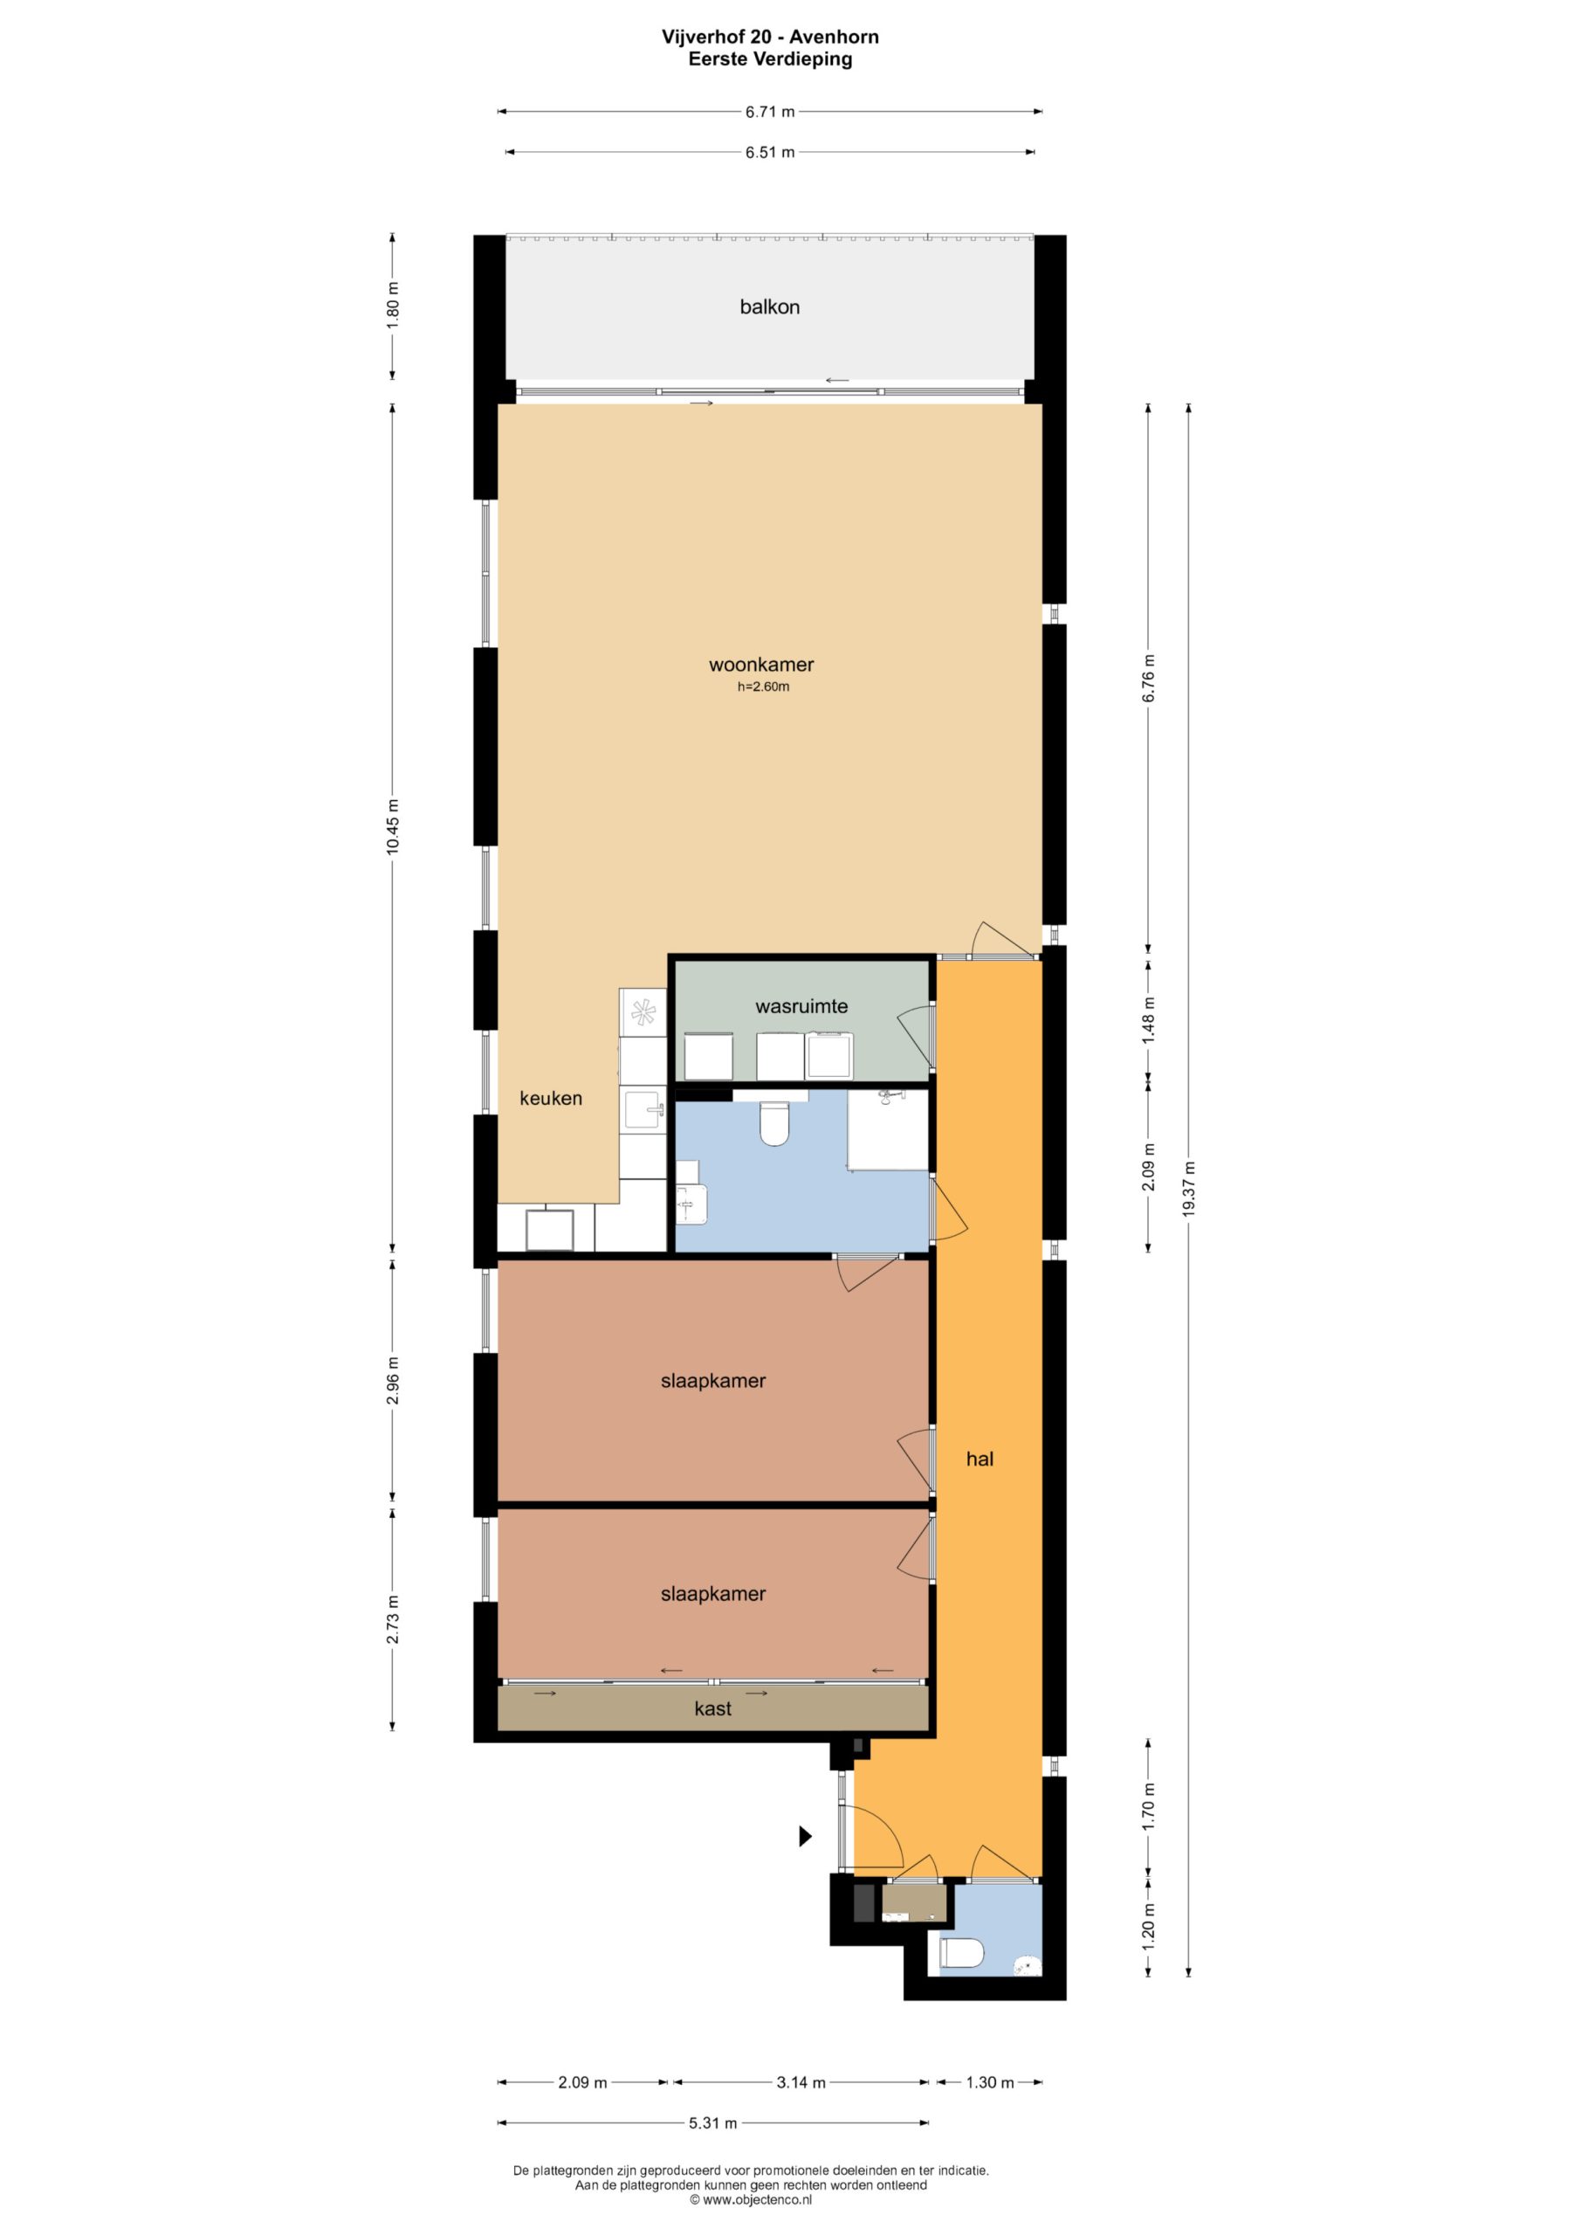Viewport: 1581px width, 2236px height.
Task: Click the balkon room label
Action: (769, 307)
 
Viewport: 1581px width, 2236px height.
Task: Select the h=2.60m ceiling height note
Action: (762, 687)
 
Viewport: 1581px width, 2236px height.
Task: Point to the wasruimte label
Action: (801, 1006)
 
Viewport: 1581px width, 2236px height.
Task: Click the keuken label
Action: (550, 1098)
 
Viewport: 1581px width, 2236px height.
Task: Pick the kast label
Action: (712, 1708)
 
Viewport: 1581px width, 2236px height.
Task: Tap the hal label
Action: (980, 1458)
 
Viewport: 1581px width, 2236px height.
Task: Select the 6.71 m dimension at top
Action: (769, 111)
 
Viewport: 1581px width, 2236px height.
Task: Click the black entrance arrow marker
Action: (805, 1836)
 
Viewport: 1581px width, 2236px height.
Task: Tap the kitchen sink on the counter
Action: (643, 1109)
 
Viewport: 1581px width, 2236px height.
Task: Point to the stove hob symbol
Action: (643, 1013)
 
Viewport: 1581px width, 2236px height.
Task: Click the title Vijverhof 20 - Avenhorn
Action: (770, 37)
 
